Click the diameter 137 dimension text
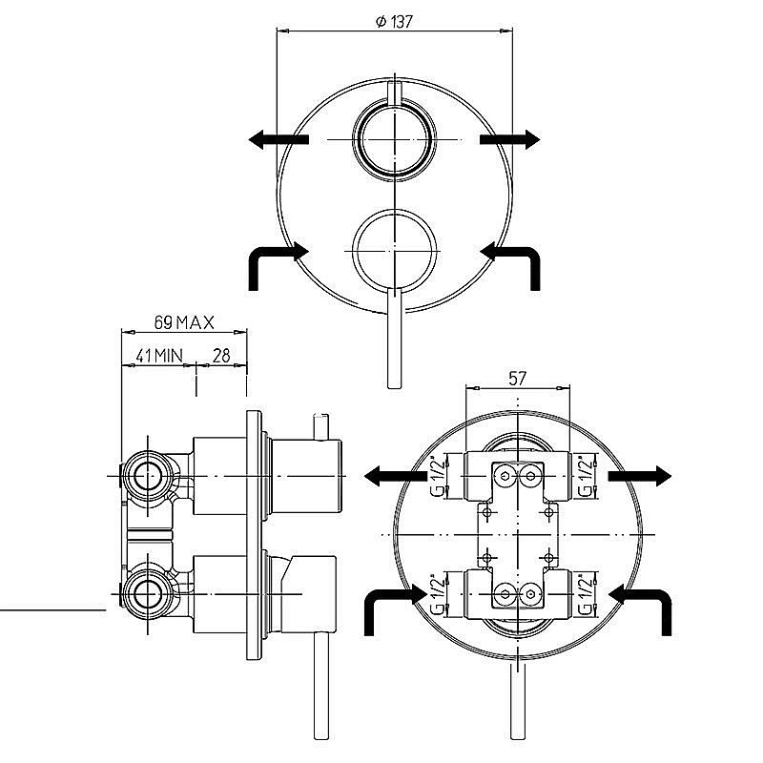(x=394, y=21)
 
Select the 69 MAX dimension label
(x=184, y=322)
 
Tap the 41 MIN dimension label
(x=159, y=356)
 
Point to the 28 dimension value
(x=221, y=356)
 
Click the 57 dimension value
(x=517, y=378)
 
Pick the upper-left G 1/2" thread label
(x=439, y=476)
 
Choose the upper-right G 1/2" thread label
(x=587, y=476)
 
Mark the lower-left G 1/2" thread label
(x=439, y=594)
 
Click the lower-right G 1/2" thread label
(x=587, y=594)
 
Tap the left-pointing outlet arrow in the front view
(x=278, y=139)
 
